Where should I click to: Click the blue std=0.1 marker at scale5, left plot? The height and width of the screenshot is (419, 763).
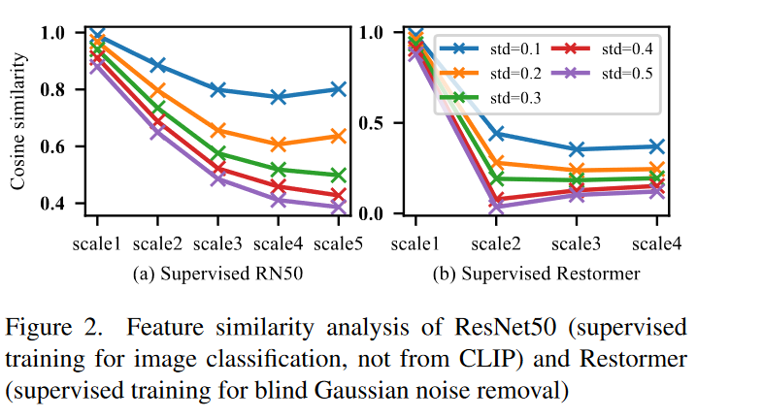337,89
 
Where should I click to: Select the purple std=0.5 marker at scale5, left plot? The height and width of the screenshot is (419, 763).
337,208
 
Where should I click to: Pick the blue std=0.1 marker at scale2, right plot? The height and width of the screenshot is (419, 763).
496,134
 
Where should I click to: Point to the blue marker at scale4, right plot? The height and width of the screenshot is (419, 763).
657,146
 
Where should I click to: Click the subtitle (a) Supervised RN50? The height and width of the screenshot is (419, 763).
217,274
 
